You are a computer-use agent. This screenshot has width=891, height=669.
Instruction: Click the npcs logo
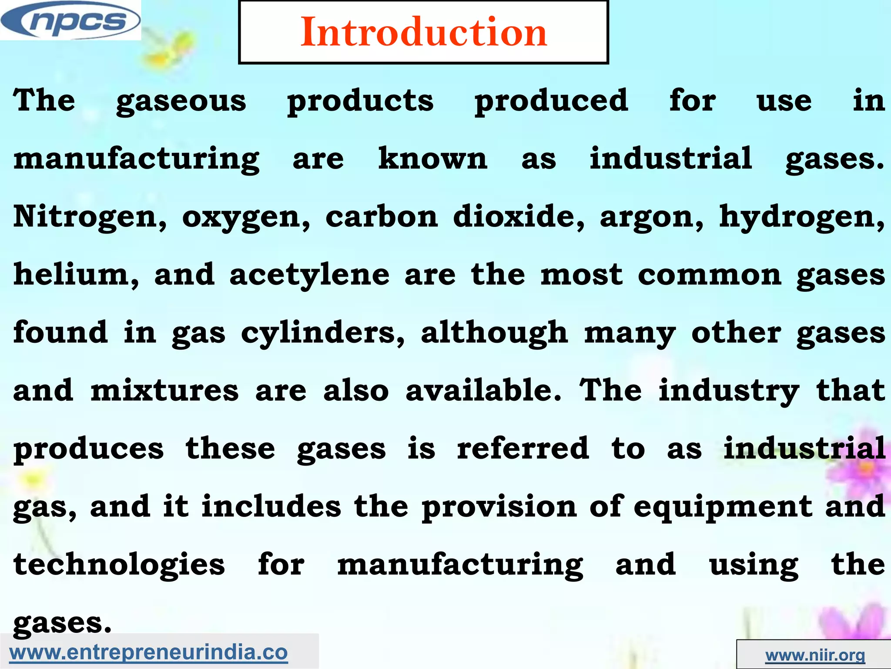(x=70, y=20)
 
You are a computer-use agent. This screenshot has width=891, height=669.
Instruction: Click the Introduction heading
(x=423, y=32)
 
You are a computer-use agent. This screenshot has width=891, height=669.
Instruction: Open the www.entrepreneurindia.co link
(x=148, y=652)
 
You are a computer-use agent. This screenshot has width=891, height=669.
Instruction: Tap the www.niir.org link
(x=815, y=655)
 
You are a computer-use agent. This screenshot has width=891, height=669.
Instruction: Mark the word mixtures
(x=164, y=390)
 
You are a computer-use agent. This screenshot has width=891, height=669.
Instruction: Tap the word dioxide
(x=519, y=216)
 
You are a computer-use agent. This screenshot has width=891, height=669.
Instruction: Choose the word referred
(x=523, y=448)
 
